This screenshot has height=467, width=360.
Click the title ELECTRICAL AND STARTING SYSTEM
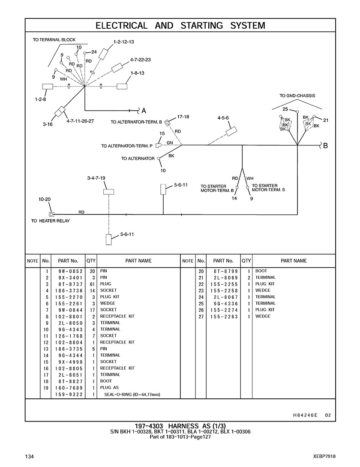click(180, 25)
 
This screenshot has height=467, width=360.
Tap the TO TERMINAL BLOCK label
click(54, 40)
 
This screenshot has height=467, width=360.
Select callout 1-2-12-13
click(124, 42)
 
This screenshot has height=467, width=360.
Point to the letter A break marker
click(144, 110)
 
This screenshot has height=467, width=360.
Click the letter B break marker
click(325, 145)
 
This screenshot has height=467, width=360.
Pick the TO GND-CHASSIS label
click(297, 96)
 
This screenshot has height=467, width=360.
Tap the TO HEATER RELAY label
click(50, 221)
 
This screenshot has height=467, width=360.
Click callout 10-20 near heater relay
click(45, 199)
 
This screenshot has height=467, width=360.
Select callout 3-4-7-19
click(96, 178)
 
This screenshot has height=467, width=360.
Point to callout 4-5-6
click(223, 118)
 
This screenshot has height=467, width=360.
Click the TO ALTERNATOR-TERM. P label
click(127, 146)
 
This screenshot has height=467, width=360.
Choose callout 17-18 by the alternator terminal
click(183, 117)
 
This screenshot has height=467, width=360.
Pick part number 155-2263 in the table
click(223, 316)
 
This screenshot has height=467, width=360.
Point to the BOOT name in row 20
click(261, 271)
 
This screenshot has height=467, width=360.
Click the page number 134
click(30, 456)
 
